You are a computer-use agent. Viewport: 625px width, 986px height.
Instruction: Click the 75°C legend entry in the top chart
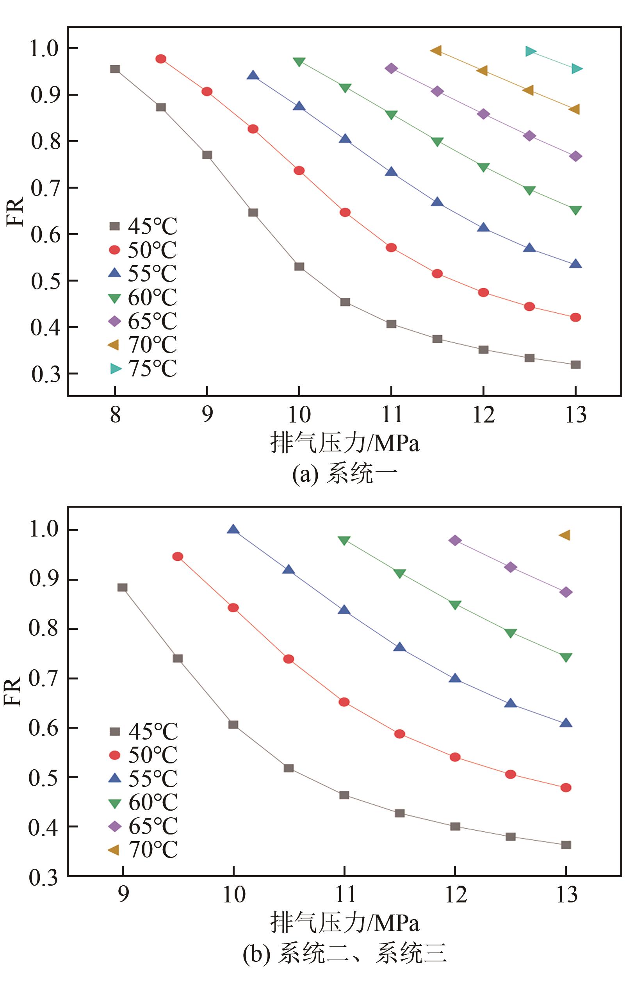[143, 369]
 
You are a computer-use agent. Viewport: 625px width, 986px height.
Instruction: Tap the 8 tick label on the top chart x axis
[116, 414]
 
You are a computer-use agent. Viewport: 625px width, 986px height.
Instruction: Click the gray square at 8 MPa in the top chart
[115, 69]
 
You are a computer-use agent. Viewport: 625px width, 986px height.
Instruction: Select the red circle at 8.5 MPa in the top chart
[161, 59]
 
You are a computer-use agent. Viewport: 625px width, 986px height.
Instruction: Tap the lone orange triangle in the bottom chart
[565, 535]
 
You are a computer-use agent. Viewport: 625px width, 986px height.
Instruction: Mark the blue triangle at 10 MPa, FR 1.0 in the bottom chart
[233, 530]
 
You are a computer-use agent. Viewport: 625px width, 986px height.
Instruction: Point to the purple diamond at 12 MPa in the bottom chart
[455, 540]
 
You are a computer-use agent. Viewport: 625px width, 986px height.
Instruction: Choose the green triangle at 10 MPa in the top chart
[299, 62]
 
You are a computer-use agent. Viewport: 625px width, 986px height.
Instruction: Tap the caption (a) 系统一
[344, 474]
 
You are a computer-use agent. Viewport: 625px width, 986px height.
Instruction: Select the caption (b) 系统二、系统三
[344, 954]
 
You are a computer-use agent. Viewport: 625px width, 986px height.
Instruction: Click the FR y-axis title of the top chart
[16, 211]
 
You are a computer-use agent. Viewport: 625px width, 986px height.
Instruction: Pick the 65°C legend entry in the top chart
[143, 321]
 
